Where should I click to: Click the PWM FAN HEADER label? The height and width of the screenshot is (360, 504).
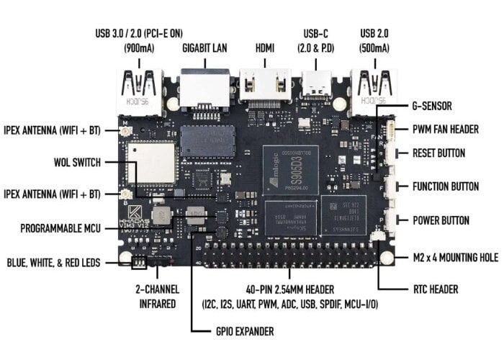point(444,130)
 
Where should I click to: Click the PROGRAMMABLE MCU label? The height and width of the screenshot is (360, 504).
point(61,228)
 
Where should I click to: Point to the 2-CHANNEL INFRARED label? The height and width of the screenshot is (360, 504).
point(156,296)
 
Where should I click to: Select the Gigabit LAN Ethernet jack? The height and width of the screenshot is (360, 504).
point(205,88)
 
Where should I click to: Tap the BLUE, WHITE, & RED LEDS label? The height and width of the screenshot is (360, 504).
point(54,263)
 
